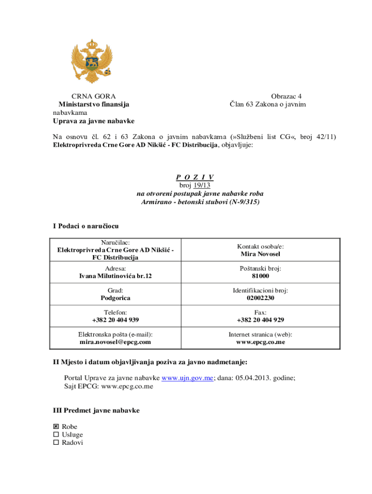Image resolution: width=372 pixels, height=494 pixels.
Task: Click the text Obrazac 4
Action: point(286,96)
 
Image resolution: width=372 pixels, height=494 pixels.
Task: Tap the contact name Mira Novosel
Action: point(260,254)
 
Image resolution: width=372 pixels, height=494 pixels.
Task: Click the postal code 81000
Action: point(260,276)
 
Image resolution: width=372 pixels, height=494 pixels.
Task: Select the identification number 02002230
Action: point(260,298)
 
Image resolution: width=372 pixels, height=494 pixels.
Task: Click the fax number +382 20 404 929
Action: point(260,320)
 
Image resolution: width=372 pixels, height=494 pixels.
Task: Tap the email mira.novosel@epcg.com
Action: point(115,342)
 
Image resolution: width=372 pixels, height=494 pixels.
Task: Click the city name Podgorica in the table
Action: point(115,298)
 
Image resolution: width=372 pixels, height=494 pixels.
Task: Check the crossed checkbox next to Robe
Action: point(56,427)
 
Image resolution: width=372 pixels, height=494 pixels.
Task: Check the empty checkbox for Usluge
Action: point(56,435)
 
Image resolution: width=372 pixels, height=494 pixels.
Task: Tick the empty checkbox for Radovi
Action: point(56,442)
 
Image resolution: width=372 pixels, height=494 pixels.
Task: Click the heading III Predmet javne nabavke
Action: point(96,411)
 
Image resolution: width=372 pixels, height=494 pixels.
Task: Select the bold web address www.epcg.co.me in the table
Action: point(260,342)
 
